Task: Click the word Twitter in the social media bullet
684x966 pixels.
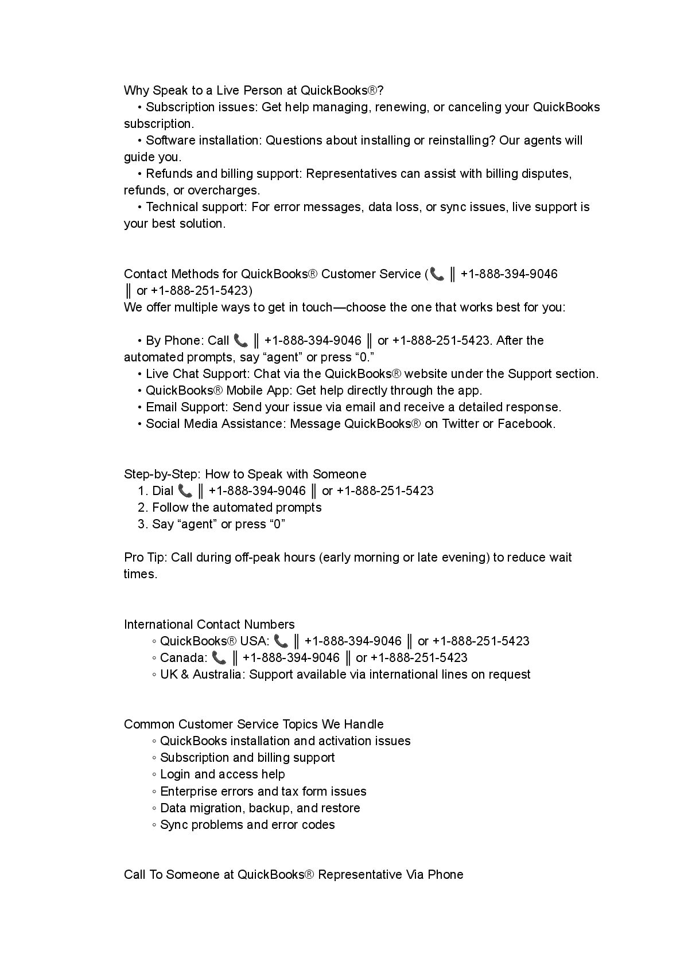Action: tap(460, 424)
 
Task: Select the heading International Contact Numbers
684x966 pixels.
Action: tap(209, 624)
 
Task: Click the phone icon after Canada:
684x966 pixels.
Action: tap(219, 657)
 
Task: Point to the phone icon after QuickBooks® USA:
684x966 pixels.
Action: tap(281, 641)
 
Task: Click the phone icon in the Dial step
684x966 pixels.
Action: tap(185, 490)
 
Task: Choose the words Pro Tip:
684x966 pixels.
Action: tap(146, 557)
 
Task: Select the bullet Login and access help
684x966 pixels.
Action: tap(222, 774)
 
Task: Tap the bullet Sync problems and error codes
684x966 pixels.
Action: tap(247, 824)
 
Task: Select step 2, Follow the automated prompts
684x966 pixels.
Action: tap(236, 507)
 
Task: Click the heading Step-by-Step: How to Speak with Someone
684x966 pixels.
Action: tap(245, 474)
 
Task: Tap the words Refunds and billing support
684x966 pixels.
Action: tap(223, 173)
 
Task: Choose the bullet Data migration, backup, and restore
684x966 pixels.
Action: tap(260, 808)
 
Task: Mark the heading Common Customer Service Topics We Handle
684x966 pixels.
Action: tap(254, 724)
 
